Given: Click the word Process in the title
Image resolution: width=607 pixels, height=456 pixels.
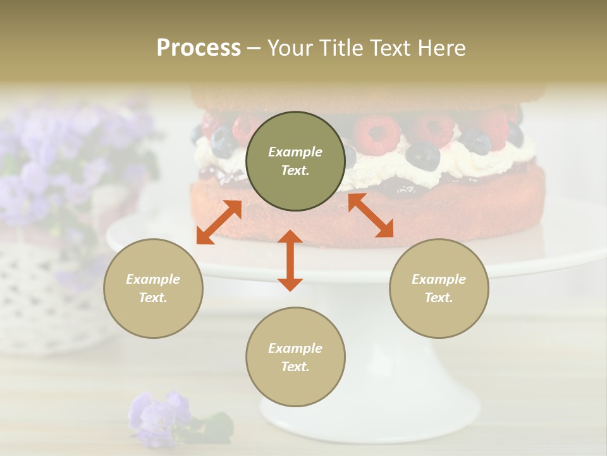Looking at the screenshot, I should (x=199, y=48).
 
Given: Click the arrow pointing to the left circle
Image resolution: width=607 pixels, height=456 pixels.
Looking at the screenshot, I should (x=219, y=222).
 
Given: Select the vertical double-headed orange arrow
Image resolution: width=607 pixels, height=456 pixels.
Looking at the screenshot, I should (x=290, y=260).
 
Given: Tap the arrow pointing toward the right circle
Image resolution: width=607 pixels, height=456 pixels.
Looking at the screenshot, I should (x=371, y=215).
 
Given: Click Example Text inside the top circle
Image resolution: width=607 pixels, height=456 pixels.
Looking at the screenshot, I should (x=295, y=161).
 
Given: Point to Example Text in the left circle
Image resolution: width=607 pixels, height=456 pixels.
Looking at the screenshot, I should (x=153, y=288).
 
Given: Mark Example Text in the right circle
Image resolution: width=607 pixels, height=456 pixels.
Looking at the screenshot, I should (x=439, y=288).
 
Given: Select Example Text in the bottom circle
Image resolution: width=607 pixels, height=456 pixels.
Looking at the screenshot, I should (x=295, y=357).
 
